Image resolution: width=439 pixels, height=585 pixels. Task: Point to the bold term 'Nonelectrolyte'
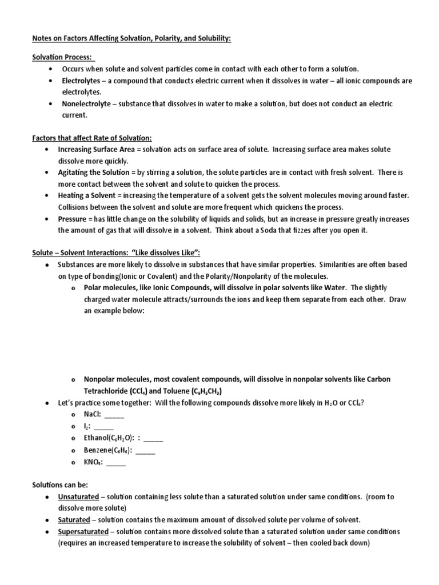(x=87, y=104)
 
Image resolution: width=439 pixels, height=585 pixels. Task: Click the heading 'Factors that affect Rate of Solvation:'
(x=92, y=138)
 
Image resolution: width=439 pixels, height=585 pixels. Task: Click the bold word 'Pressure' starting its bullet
(x=72, y=219)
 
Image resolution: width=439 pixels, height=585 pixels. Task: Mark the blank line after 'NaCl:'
(x=114, y=415)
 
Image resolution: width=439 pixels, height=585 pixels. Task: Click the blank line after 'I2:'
(x=103, y=427)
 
